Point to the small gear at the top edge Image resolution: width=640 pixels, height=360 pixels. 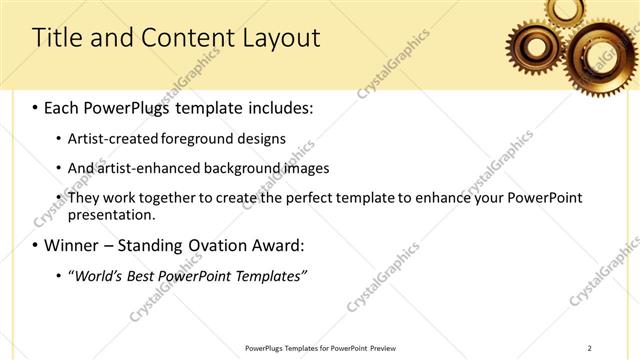click(x=566, y=10)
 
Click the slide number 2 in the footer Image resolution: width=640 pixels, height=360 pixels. click(x=589, y=348)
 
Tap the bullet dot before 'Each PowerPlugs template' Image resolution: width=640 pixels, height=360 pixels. click(x=37, y=106)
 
